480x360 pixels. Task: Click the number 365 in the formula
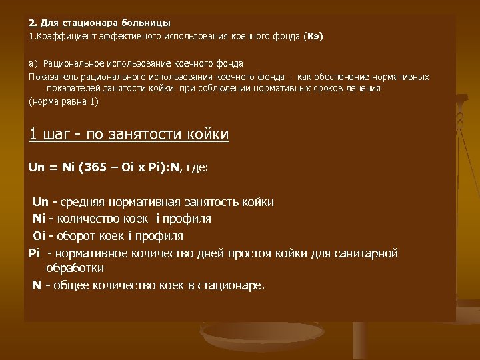(x=97, y=167)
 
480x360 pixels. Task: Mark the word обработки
(x=75, y=268)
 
